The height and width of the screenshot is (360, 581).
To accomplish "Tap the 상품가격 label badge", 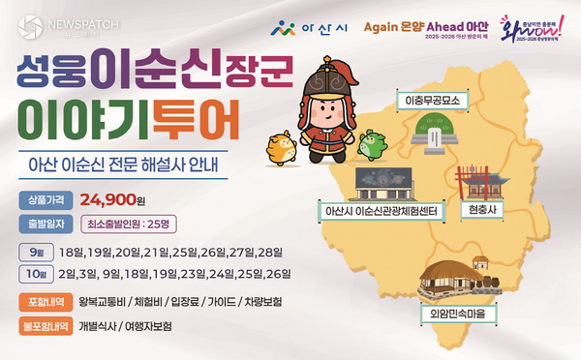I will [42, 201].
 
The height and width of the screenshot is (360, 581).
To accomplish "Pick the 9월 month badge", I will [31, 252].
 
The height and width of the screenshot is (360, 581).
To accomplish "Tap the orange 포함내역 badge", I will [43, 302].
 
